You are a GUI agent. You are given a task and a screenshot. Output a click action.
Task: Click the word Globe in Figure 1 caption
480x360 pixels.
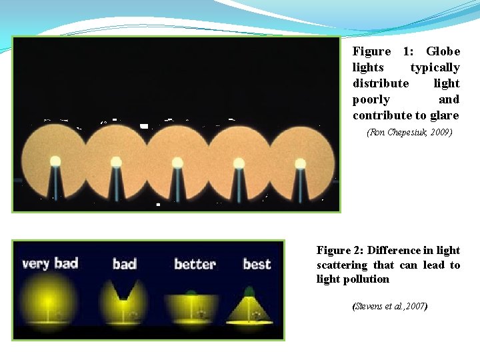click(443, 51)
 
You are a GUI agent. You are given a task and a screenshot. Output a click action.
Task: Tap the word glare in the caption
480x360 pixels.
click(445, 115)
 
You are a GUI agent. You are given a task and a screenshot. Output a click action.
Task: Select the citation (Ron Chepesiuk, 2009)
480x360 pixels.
click(409, 133)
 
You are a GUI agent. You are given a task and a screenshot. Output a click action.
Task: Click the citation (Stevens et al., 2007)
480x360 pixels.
click(389, 307)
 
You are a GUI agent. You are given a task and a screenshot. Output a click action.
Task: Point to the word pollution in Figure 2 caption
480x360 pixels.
click(365, 279)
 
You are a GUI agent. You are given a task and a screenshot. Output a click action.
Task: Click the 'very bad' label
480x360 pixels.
click(50, 263)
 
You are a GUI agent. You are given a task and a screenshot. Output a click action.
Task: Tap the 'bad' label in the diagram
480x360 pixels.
click(124, 264)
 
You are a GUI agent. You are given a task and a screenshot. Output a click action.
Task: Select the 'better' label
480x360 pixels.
click(195, 264)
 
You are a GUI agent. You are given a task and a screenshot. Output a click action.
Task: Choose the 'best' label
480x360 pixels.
click(257, 264)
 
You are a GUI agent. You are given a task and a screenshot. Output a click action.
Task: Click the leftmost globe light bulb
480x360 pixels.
click(55, 161)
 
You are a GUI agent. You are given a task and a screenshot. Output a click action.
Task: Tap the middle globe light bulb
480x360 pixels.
click(177, 162)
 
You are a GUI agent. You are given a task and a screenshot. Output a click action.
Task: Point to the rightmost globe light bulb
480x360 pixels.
click(300, 163)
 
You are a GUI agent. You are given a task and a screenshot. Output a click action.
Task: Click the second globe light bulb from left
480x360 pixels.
click(116, 161)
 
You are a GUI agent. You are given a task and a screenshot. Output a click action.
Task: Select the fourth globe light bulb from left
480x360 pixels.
click(239, 163)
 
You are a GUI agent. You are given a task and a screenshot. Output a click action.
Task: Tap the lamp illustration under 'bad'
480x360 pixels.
click(123, 303)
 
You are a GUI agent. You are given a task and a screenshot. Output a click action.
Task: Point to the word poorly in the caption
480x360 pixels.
click(371, 99)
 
